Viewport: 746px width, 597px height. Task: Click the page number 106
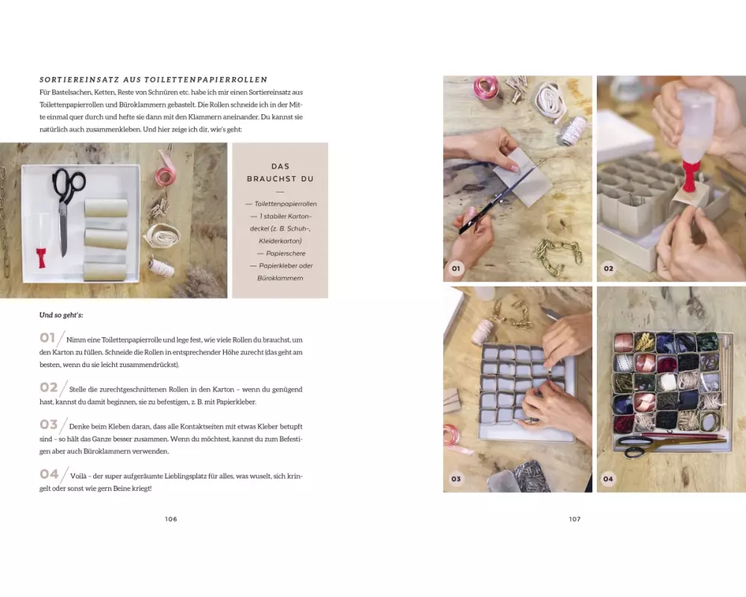(x=171, y=519)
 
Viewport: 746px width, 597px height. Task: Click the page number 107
(x=574, y=519)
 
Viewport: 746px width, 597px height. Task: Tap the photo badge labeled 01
(x=456, y=269)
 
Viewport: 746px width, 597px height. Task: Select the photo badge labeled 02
(x=609, y=269)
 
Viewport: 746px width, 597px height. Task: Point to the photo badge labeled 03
(x=456, y=479)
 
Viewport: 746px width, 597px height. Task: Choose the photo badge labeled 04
(x=608, y=479)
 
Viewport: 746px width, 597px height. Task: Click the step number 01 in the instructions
(x=47, y=337)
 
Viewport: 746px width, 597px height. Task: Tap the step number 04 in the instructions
(x=48, y=474)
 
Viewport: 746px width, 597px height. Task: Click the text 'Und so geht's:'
(x=61, y=315)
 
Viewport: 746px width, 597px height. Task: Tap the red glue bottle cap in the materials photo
(x=42, y=257)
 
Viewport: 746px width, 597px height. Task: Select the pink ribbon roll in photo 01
(x=486, y=87)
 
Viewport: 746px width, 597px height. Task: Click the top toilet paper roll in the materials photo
(x=106, y=208)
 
